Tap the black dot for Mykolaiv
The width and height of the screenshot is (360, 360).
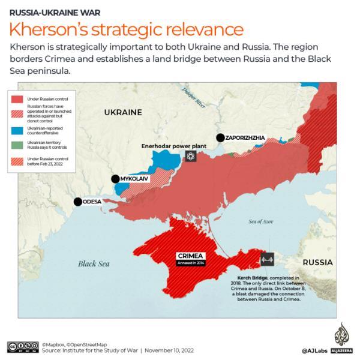click(x=115, y=179)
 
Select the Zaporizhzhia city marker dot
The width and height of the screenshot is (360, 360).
click(x=221, y=137)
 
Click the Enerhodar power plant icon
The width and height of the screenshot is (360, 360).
click(x=191, y=157)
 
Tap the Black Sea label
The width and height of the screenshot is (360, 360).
click(x=94, y=263)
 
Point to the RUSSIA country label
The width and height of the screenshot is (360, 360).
click(x=317, y=263)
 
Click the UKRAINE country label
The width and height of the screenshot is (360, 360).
click(x=123, y=112)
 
